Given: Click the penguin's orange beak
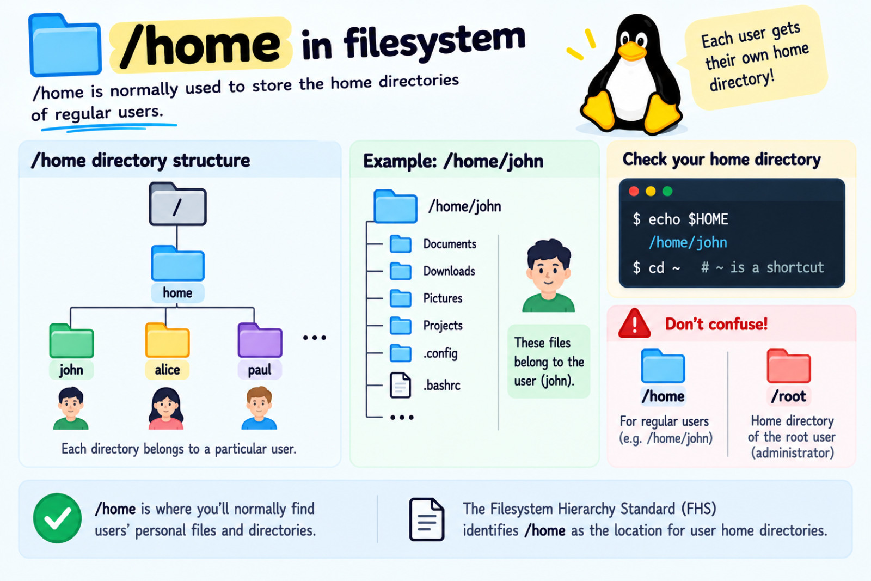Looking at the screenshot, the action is [x=632, y=51].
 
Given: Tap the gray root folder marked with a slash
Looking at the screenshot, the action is [x=177, y=204].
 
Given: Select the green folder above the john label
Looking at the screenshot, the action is [x=71, y=341].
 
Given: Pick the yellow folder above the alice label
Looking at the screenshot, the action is [x=167, y=340].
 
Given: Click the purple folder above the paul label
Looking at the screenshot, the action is [x=260, y=340].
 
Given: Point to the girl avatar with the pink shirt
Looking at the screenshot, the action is [x=166, y=408].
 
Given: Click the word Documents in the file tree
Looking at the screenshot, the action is [x=450, y=244].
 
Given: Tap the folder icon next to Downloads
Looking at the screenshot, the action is [x=401, y=271].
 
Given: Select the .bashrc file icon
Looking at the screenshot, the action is [x=401, y=385].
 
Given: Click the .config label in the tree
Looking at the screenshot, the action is [x=440, y=353].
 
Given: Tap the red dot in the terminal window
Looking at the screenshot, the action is [x=634, y=191].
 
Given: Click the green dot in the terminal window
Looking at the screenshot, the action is [x=667, y=191].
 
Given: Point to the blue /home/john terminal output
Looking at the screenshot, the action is [x=688, y=243].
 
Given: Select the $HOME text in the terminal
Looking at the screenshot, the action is [x=708, y=219].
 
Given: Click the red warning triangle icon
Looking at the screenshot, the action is [x=635, y=323].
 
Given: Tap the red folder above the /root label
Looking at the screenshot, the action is [x=789, y=366].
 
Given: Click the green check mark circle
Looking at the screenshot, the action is [x=58, y=518].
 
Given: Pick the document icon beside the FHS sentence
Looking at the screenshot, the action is [x=427, y=519].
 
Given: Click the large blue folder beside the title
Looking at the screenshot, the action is [x=65, y=45].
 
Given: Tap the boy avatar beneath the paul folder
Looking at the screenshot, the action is [x=259, y=408].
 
